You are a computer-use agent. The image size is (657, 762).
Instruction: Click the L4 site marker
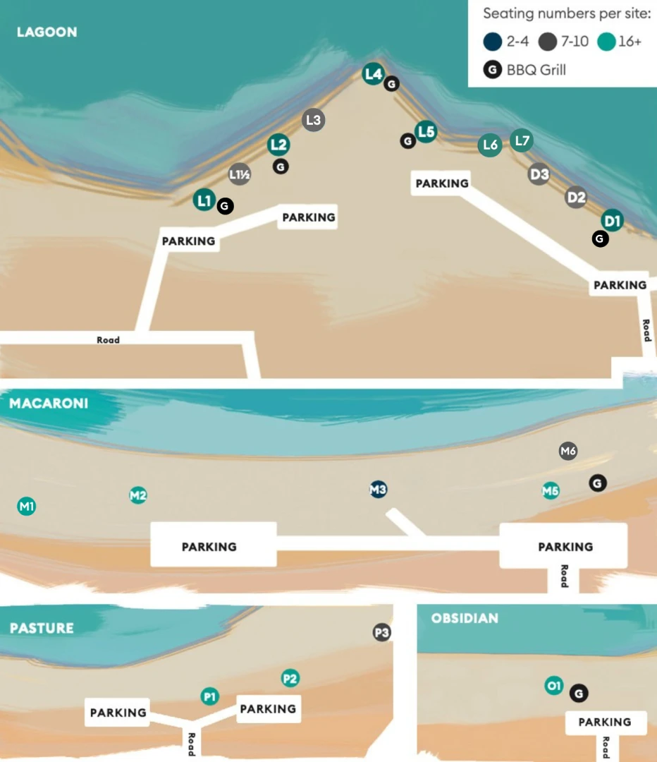click(373, 74)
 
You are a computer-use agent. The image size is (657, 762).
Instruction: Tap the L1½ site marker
click(240, 174)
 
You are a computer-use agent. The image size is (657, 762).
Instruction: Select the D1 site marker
click(612, 221)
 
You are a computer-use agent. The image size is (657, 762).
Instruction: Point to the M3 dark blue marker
click(379, 490)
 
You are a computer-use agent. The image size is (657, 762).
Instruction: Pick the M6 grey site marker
click(568, 451)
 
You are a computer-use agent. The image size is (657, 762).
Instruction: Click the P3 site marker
click(381, 632)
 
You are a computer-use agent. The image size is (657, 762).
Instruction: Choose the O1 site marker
click(553, 686)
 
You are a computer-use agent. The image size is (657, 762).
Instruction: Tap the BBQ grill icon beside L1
click(225, 206)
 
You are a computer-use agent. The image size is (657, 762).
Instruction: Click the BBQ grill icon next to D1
click(600, 238)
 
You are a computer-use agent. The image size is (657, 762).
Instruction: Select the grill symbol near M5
click(598, 483)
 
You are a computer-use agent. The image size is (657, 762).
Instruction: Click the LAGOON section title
click(47, 32)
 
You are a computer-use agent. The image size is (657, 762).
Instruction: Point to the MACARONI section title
click(49, 404)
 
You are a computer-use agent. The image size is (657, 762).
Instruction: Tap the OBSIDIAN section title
click(465, 618)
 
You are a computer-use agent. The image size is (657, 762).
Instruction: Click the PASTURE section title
click(42, 628)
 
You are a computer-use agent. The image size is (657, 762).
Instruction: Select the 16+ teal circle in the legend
click(606, 42)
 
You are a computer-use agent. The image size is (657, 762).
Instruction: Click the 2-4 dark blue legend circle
click(492, 42)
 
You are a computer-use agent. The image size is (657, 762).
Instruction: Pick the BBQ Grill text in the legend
click(536, 70)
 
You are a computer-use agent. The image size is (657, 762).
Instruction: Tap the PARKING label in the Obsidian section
click(605, 722)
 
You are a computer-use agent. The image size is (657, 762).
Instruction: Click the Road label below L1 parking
click(108, 339)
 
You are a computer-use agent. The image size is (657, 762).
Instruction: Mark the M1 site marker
click(26, 507)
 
